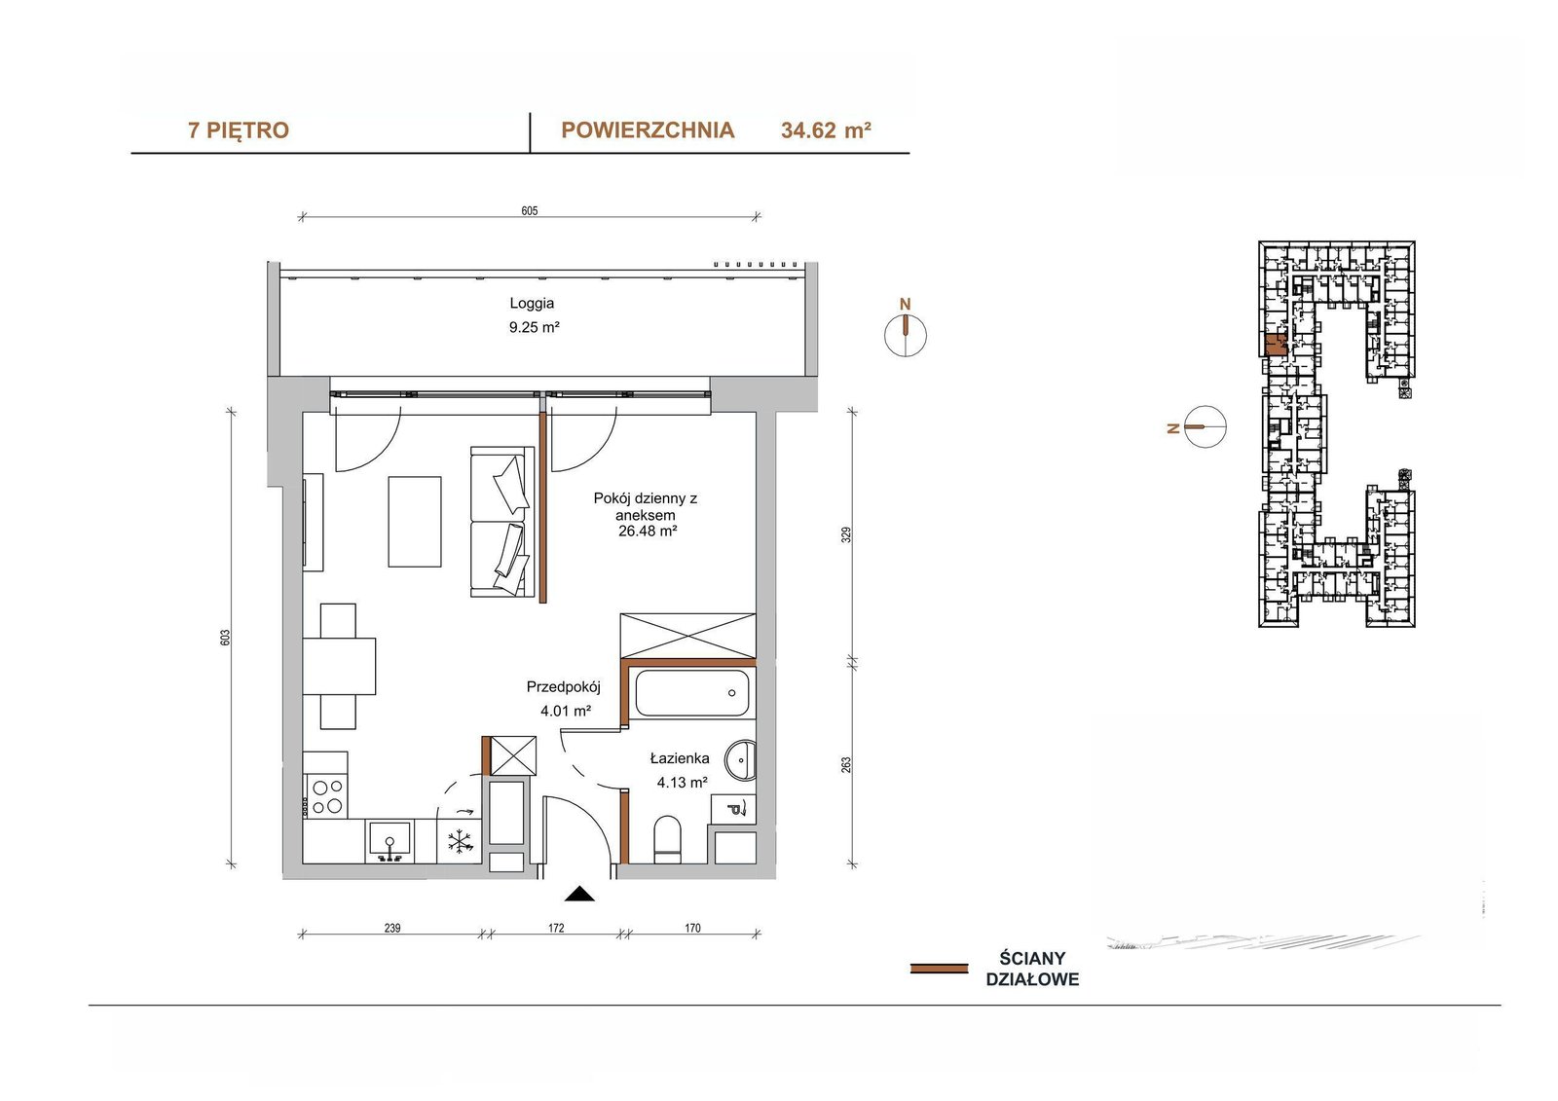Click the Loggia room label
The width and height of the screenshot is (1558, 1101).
click(x=532, y=304)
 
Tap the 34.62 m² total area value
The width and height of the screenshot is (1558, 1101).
click(x=826, y=130)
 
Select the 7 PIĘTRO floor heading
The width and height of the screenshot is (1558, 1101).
click(x=239, y=130)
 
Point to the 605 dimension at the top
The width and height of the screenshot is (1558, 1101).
click(x=530, y=210)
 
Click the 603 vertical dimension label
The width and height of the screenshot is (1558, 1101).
click(x=224, y=638)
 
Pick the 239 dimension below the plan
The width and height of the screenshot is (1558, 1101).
click(x=392, y=928)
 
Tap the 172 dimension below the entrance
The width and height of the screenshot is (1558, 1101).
click(x=556, y=928)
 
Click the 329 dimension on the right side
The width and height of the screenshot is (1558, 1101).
click(x=846, y=534)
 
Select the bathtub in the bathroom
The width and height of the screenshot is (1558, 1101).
click(x=692, y=693)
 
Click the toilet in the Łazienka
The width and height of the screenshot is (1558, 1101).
click(x=668, y=840)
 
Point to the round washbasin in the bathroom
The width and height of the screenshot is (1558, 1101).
click(x=740, y=761)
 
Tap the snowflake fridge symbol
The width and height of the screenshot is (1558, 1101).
click(x=459, y=842)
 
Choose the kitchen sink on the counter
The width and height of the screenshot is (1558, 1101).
click(x=389, y=842)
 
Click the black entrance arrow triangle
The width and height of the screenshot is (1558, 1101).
click(x=579, y=894)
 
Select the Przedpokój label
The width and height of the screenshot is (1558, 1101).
click(x=563, y=687)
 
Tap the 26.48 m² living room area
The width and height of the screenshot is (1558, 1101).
click(x=648, y=531)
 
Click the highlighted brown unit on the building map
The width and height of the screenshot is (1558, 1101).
click(x=1275, y=345)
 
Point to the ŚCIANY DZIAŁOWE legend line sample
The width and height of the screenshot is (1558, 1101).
click(x=939, y=969)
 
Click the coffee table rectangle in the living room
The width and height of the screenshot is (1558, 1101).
click(x=415, y=522)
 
